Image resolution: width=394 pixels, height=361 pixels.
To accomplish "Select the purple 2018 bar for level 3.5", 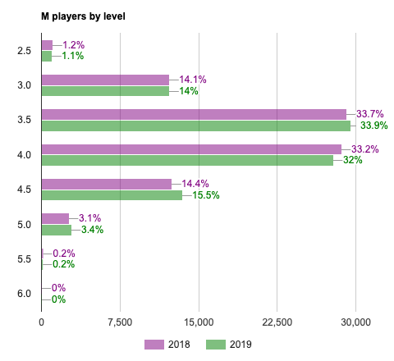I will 194,115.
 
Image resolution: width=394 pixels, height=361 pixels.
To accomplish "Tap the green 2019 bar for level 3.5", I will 195,126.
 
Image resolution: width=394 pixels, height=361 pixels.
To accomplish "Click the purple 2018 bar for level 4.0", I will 191,149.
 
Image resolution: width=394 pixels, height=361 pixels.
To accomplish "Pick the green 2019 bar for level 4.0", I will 187,161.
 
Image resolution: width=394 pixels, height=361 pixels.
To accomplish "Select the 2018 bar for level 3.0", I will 105,80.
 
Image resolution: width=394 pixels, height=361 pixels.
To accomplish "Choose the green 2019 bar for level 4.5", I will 112,195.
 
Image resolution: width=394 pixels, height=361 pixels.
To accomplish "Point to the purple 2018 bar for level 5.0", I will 55,218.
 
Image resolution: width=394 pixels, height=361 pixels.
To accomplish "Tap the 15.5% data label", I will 206,195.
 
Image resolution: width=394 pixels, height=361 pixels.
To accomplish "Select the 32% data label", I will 353,161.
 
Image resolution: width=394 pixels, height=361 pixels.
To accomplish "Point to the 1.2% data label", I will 74,45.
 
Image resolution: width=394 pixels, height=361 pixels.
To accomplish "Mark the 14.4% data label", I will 195,184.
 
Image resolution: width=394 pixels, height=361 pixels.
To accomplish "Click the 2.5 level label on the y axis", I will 24,51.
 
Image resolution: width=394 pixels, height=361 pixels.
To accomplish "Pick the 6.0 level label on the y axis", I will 24,294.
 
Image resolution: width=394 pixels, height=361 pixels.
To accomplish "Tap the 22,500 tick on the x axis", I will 277,322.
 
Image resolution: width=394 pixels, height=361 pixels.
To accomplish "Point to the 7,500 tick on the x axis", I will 120,322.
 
